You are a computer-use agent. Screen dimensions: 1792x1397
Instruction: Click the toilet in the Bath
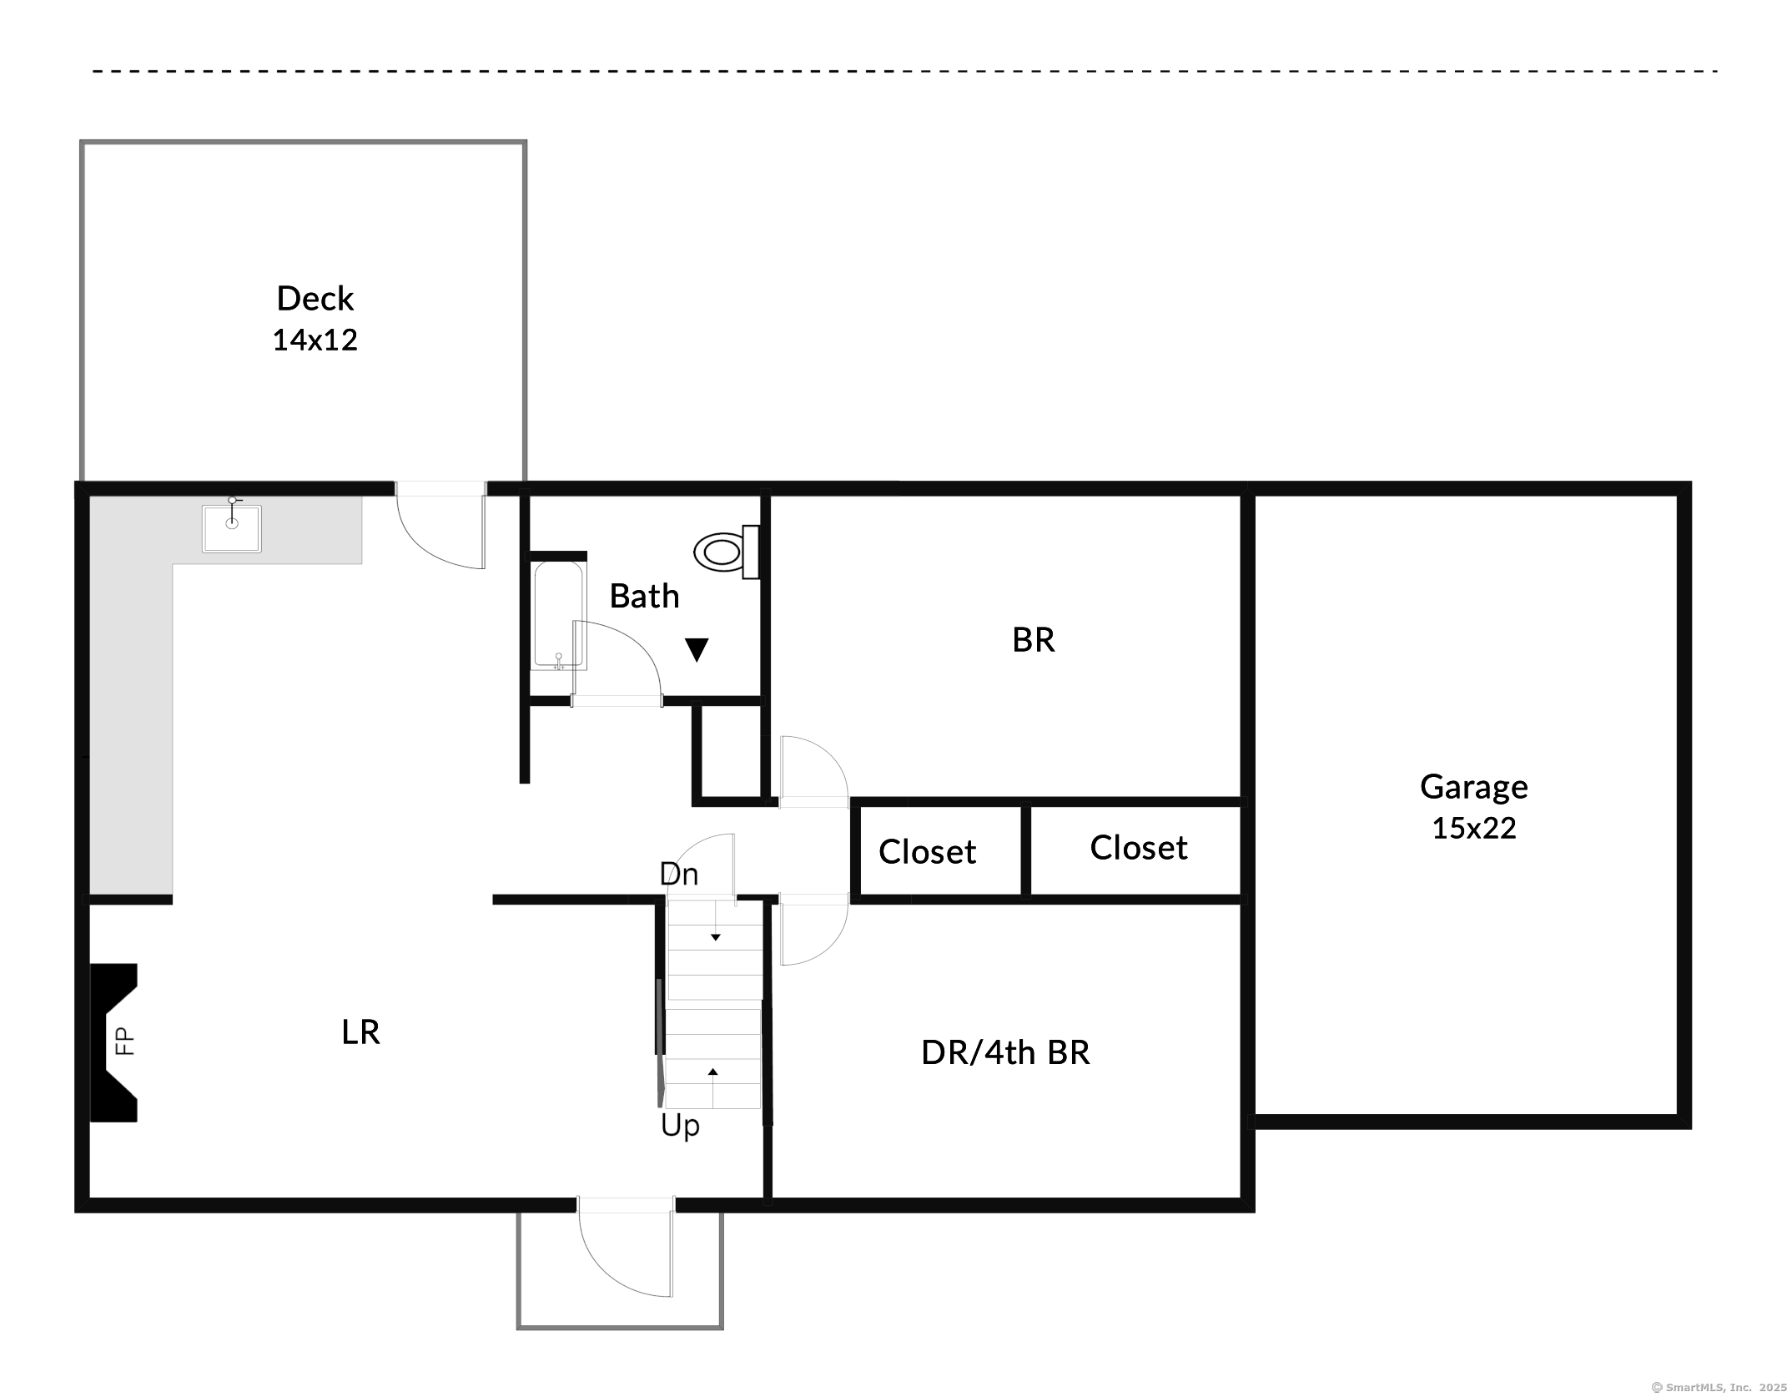click(x=727, y=552)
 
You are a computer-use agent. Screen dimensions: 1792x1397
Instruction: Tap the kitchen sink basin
click(x=232, y=527)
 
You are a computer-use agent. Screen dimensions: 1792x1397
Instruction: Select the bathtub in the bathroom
click(x=559, y=616)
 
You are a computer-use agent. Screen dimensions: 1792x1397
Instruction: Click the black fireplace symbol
click(x=113, y=1042)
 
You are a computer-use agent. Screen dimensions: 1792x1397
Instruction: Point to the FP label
click(x=124, y=1041)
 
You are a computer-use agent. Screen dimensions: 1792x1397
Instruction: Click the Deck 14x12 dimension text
click(x=315, y=340)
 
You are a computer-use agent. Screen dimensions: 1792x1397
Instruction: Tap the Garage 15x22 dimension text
click(x=1474, y=828)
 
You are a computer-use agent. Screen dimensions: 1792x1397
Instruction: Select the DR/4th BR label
click(x=1005, y=1052)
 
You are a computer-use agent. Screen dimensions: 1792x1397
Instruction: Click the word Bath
click(x=644, y=596)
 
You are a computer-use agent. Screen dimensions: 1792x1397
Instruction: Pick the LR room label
click(x=360, y=1032)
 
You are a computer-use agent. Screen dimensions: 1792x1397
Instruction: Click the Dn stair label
click(x=678, y=874)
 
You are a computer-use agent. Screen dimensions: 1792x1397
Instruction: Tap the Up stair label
click(x=680, y=1126)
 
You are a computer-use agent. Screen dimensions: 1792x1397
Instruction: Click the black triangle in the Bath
click(x=697, y=649)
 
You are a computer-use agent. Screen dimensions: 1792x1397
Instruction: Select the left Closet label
click(x=927, y=852)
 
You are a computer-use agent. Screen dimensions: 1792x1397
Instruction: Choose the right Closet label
click(x=1138, y=848)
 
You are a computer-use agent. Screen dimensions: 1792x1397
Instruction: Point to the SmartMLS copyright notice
click(x=1719, y=1387)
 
